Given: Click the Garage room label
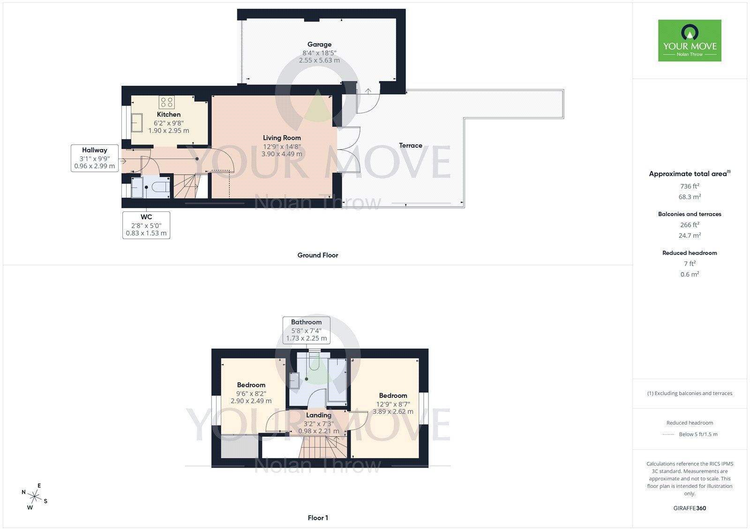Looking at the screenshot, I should (x=319, y=45).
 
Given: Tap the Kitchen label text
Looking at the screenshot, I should (x=169, y=114).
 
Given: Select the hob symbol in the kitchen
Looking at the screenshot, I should (x=166, y=102).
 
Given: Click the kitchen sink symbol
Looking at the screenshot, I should (x=137, y=123).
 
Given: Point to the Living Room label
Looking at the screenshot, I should (x=282, y=138).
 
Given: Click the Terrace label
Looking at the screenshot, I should (x=411, y=146).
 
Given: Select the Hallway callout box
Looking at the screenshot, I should (x=95, y=158).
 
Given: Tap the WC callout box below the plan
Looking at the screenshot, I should (x=146, y=225).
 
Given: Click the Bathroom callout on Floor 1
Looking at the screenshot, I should (x=306, y=330).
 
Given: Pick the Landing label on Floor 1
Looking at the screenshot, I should (x=319, y=415).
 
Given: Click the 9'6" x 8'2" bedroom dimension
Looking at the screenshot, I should (x=251, y=394).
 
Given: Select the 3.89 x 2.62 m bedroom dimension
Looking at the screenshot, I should (x=393, y=411).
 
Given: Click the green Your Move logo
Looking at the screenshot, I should (x=690, y=41).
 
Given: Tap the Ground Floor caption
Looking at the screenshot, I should (x=318, y=255).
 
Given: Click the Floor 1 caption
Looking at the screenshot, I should (x=318, y=518).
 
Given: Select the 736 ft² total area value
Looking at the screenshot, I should (x=690, y=186).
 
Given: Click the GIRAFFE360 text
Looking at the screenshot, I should (x=690, y=508).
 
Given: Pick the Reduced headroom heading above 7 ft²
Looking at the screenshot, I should (x=690, y=253).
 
